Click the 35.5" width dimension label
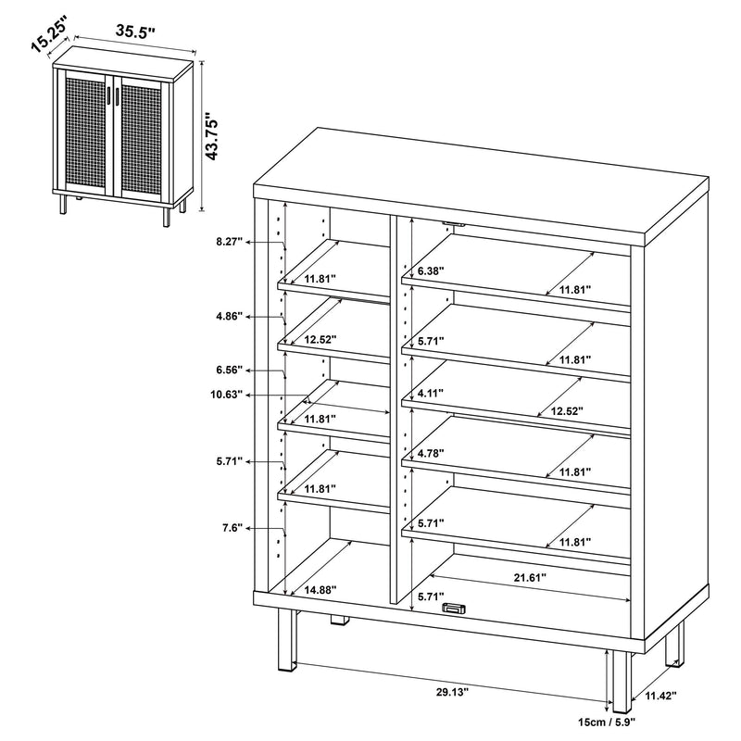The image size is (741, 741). coord(135,31)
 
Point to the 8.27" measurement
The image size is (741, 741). coord(228,242)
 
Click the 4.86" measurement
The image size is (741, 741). coord(228,316)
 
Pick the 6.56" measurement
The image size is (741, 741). coord(228,370)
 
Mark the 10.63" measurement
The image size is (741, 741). coord(226,395)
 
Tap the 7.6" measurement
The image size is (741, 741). coord(232,528)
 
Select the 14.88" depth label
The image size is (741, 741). coord(320,589)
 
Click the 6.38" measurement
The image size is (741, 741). coord(431,270)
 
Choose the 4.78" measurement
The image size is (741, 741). coord(431,454)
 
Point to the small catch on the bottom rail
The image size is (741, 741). coord(453,608)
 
